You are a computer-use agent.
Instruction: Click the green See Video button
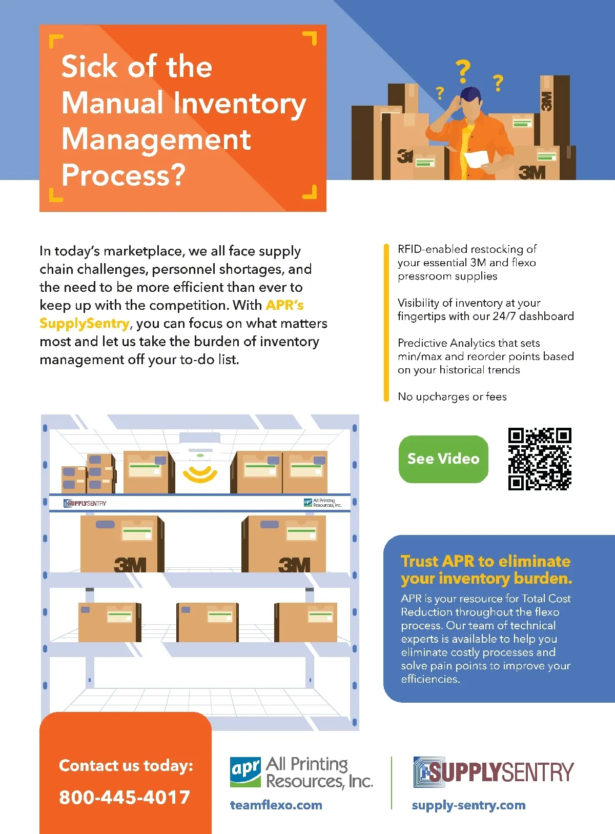443,459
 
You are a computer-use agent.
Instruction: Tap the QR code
540,459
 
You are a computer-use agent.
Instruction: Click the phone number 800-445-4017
125,797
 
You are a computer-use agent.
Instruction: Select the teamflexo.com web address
276,805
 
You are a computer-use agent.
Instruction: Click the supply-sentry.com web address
468,805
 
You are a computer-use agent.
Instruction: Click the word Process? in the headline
124,175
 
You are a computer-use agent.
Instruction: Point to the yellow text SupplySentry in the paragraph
85,323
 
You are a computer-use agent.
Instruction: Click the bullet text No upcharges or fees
452,396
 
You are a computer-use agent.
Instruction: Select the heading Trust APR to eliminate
485,561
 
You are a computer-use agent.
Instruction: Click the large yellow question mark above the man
463,71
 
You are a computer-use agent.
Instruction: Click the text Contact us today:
126,765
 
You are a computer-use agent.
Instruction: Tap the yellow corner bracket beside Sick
55,41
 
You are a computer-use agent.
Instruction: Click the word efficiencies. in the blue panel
430,679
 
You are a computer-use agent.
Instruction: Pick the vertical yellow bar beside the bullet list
386,323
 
